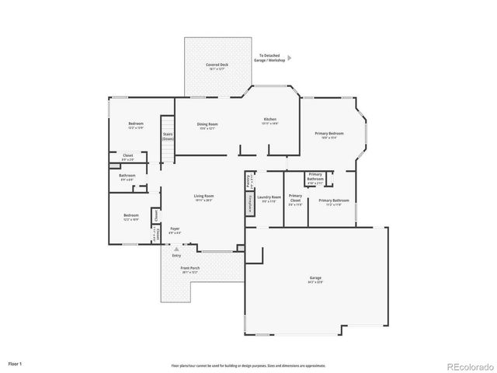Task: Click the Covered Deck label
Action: click(217, 65)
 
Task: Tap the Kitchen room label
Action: click(269, 119)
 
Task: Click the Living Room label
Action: click(203, 197)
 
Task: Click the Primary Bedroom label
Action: click(329, 134)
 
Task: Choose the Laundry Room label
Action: click(269, 197)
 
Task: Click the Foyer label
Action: click(176, 229)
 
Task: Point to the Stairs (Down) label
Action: click(168, 136)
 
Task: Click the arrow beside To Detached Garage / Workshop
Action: click(290, 58)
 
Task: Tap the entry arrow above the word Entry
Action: click(176, 248)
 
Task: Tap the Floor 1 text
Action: click(16, 363)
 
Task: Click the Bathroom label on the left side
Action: click(127, 176)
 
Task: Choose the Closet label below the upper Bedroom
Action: click(127, 155)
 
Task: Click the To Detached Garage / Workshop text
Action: click(271, 58)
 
